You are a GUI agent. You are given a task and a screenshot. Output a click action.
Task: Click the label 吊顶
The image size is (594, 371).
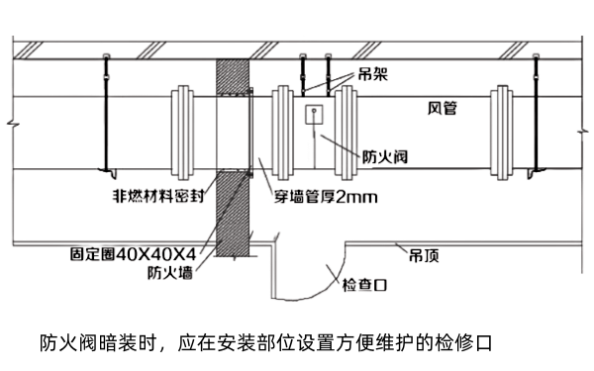pyautogui.click(x=424, y=255)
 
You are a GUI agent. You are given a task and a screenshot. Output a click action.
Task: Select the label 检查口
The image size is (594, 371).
pyautogui.click(x=363, y=285)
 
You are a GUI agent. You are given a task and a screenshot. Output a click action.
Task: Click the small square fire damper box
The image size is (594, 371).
pyautogui.click(x=315, y=114)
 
